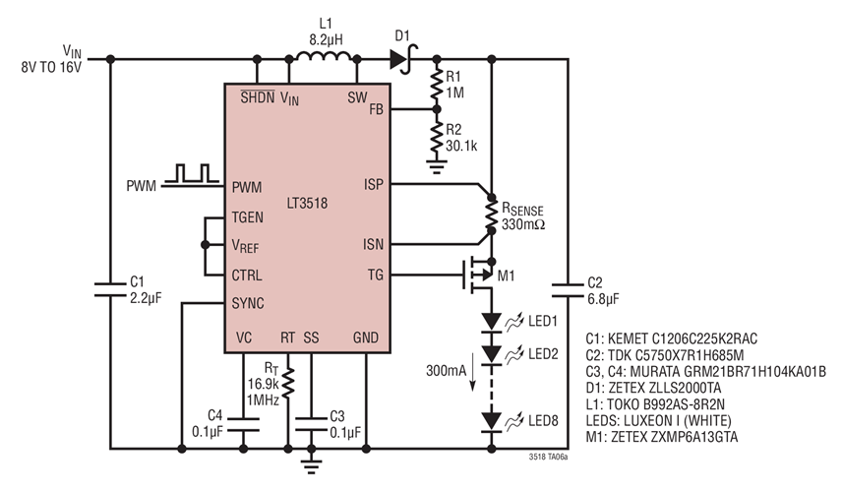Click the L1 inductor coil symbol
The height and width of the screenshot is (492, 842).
[322, 56]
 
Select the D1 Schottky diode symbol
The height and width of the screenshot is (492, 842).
[400, 59]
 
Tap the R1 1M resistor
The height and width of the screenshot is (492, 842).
[436, 86]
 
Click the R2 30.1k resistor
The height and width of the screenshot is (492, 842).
[436, 137]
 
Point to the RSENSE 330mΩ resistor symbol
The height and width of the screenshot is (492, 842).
[489, 214]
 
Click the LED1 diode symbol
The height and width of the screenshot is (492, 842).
[489, 322]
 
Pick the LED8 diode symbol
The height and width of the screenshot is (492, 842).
[489, 422]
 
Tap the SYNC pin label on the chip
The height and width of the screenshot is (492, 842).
[248, 303]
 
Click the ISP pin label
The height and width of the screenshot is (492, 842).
[373, 183]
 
